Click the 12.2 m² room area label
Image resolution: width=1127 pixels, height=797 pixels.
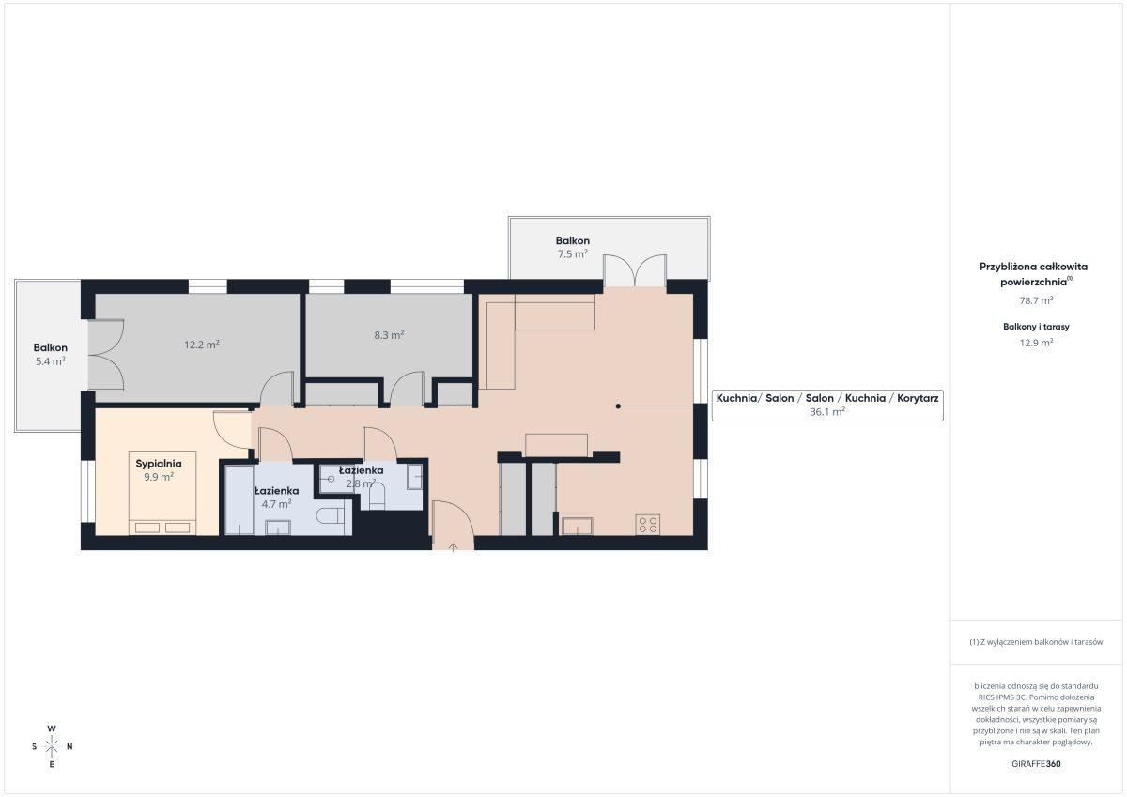[x=201, y=345]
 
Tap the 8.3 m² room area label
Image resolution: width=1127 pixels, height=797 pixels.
[x=389, y=335]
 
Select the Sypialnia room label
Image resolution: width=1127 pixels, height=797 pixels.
[x=159, y=464]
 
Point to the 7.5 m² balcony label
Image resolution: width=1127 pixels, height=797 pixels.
[x=573, y=254]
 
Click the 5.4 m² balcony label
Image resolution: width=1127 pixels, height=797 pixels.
[x=51, y=361]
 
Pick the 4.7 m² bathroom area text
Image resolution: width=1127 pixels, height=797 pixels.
[x=276, y=504]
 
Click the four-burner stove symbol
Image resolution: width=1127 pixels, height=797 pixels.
[x=647, y=525]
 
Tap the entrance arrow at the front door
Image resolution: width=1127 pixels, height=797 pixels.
[x=453, y=547]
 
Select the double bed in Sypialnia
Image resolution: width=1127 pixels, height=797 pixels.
[x=162, y=493]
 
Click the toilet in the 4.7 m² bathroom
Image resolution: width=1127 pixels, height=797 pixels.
[x=330, y=516]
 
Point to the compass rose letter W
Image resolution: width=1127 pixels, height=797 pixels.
[x=52, y=728]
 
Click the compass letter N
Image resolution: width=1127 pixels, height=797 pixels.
[x=69, y=746]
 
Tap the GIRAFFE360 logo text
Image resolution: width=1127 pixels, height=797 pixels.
[x=1036, y=764]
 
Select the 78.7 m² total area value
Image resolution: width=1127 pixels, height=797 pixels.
[x=1036, y=300]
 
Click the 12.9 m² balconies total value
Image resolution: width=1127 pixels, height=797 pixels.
[x=1036, y=343]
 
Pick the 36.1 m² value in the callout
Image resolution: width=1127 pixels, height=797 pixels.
[x=827, y=412]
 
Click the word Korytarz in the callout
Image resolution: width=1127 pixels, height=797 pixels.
[x=918, y=398]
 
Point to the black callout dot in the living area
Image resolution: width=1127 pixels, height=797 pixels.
[x=618, y=406]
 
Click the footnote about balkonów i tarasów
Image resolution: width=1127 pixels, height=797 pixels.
[x=1036, y=642]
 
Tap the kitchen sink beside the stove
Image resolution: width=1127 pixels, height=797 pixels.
[x=577, y=526]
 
